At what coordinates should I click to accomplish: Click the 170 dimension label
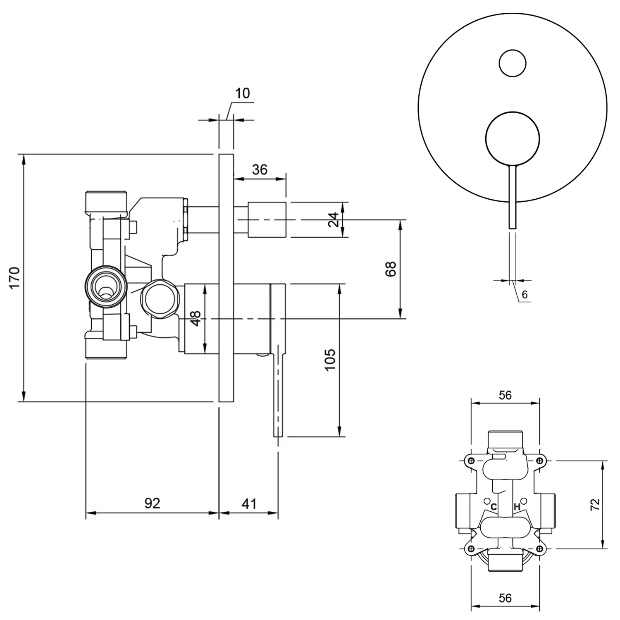pyautogui.click(x=15, y=278)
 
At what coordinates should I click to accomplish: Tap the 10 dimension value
pyautogui.click(x=242, y=93)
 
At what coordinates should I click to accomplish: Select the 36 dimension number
pyautogui.click(x=260, y=169)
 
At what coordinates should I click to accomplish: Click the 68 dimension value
pyautogui.click(x=391, y=269)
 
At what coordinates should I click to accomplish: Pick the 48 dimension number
pyautogui.click(x=196, y=318)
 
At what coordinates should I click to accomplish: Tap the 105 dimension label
pyautogui.click(x=330, y=360)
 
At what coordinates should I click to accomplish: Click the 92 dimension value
pyautogui.click(x=152, y=503)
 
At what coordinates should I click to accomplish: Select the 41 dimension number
pyautogui.click(x=249, y=503)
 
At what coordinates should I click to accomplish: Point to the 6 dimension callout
pyautogui.click(x=525, y=295)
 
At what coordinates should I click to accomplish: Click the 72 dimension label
pyautogui.click(x=594, y=504)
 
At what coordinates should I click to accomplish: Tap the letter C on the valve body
pyautogui.click(x=493, y=507)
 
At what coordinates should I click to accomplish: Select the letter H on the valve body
pyautogui.click(x=516, y=507)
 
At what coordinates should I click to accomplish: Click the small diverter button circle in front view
pyautogui.click(x=513, y=63)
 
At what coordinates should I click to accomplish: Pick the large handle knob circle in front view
pyautogui.click(x=513, y=138)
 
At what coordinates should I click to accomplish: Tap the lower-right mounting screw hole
pyautogui.click(x=539, y=548)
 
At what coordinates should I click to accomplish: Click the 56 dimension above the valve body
pyautogui.click(x=505, y=395)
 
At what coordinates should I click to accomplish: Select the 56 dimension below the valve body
pyautogui.click(x=505, y=598)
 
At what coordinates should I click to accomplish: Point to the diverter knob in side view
pyautogui.click(x=267, y=219)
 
